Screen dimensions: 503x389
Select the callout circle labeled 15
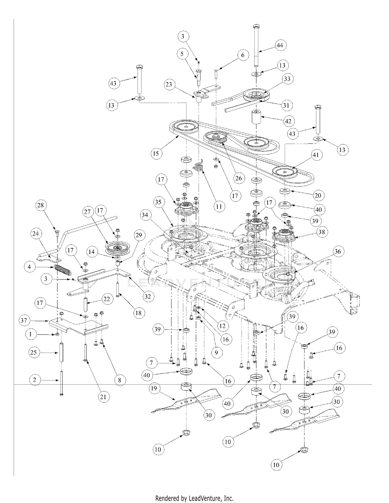[156, 153]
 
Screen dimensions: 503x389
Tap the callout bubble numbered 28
[40, 205]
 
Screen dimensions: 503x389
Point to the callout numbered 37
[24, 321]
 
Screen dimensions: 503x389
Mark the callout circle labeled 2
[35, 380]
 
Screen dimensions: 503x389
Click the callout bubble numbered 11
[219, 206]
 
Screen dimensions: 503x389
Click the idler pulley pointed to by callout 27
[118, 248]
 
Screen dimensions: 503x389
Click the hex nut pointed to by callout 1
[57, 335]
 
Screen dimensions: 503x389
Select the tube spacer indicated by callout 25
[61, 352]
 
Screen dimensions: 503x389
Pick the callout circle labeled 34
[145, 215]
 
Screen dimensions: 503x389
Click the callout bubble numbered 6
[243, 55]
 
